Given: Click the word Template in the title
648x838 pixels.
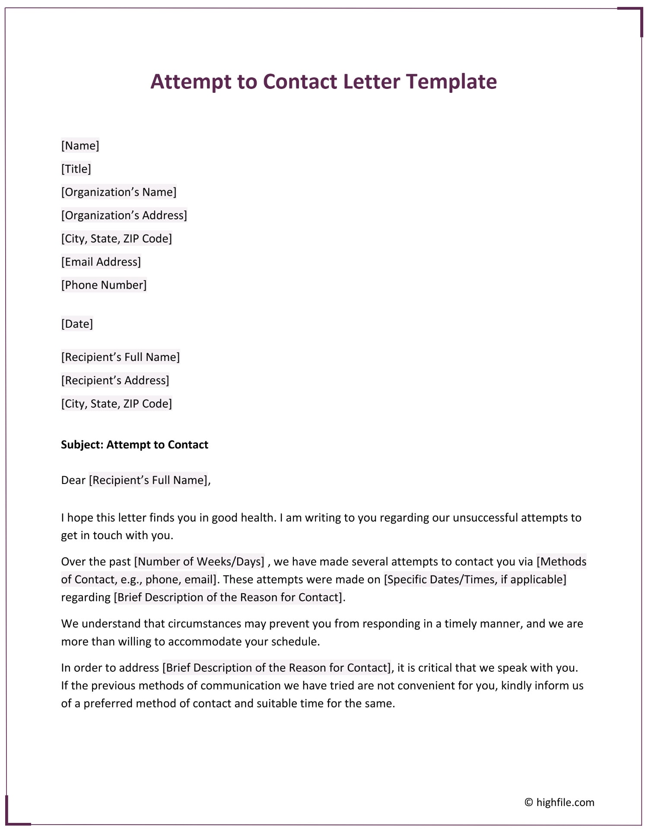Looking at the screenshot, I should click(451, 82).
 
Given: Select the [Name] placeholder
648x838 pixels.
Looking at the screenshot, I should click(80, 145).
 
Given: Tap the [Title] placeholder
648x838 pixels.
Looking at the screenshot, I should click(76, 169).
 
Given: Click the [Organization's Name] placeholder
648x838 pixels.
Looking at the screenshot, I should click(119, 192).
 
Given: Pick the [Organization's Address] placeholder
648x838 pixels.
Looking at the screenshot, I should click(124, 215).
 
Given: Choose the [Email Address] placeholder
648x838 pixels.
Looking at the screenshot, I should click(101, 262).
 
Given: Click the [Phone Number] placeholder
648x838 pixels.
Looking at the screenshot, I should click(104, 285).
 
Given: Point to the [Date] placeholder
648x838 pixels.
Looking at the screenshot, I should click(77, 324).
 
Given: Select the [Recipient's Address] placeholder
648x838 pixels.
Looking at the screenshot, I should click(115, 380).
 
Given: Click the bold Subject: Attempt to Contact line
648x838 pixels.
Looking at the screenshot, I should click(134, 445).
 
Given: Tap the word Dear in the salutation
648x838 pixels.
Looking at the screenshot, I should click(73, 480).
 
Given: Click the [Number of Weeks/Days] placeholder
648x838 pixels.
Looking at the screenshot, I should click(199, 562).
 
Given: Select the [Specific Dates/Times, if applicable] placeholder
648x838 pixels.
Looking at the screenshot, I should click(475, 579).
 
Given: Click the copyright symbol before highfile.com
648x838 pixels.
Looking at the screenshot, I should click(529, 802).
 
